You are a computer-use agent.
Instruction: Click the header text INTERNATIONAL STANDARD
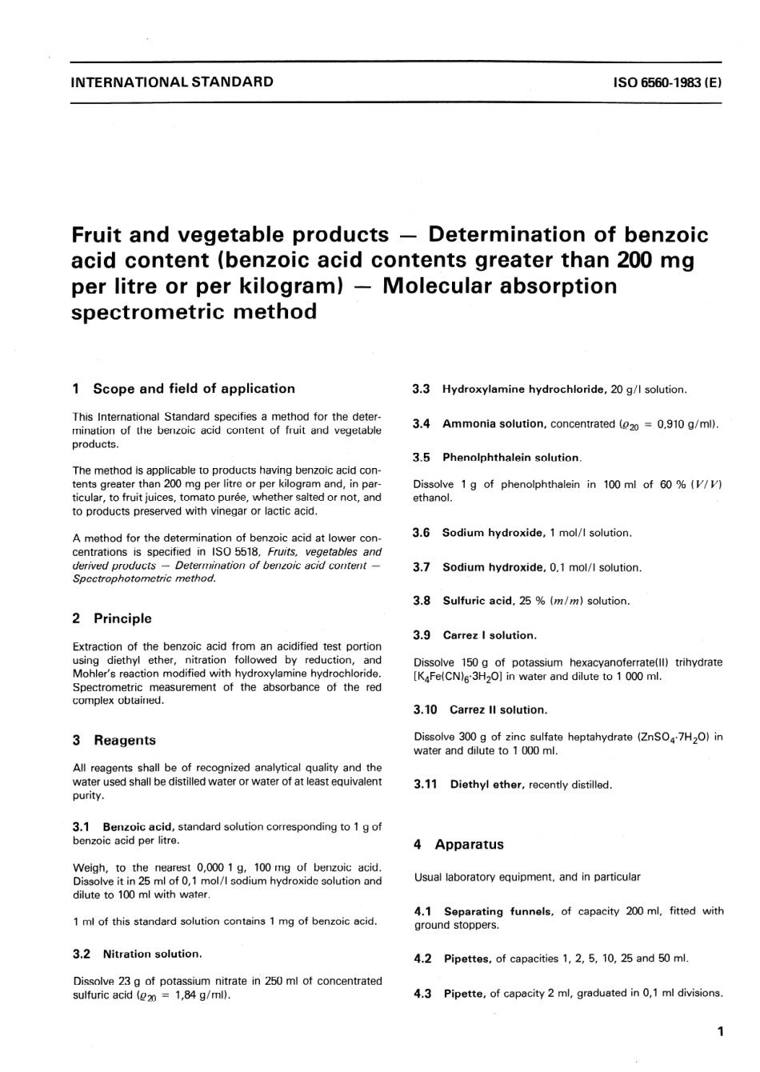172,82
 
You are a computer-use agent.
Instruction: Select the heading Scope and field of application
194,389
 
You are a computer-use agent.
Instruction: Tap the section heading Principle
122,618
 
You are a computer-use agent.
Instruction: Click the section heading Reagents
125,740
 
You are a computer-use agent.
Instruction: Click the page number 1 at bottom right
720,1032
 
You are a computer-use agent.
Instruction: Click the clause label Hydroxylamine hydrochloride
523,390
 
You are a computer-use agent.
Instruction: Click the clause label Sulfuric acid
478,601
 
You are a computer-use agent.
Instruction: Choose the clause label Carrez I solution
490,635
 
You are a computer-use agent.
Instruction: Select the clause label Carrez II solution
498,710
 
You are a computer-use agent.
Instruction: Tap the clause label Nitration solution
152,954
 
